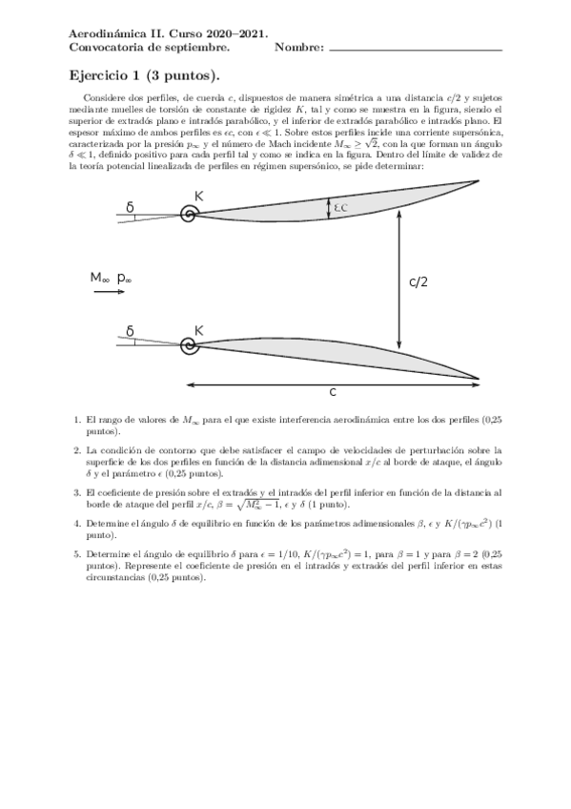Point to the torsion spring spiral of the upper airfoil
(x=190, y=215)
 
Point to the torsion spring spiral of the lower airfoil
(x=190, y=348)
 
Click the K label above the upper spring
(x=199, y=196)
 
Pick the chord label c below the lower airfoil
(x=333, y=392)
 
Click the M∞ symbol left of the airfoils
(x=101, y=278)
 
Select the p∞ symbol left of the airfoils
(x=125, y=279)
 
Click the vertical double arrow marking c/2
(x=400, y=281)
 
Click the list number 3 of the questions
(x=77, y=492)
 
